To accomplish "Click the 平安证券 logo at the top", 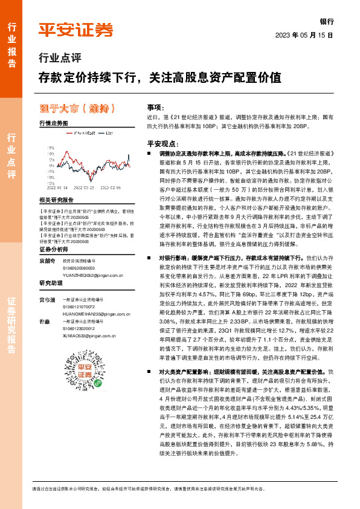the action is pyautogui.click(x=76, y=28).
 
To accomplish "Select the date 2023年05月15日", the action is pyautogui.click(x=305, y=36).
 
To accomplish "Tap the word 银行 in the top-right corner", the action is pyautogui.click(x=327, y=21).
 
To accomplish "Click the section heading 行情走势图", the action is pyautogui.click(x=53, y=123).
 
